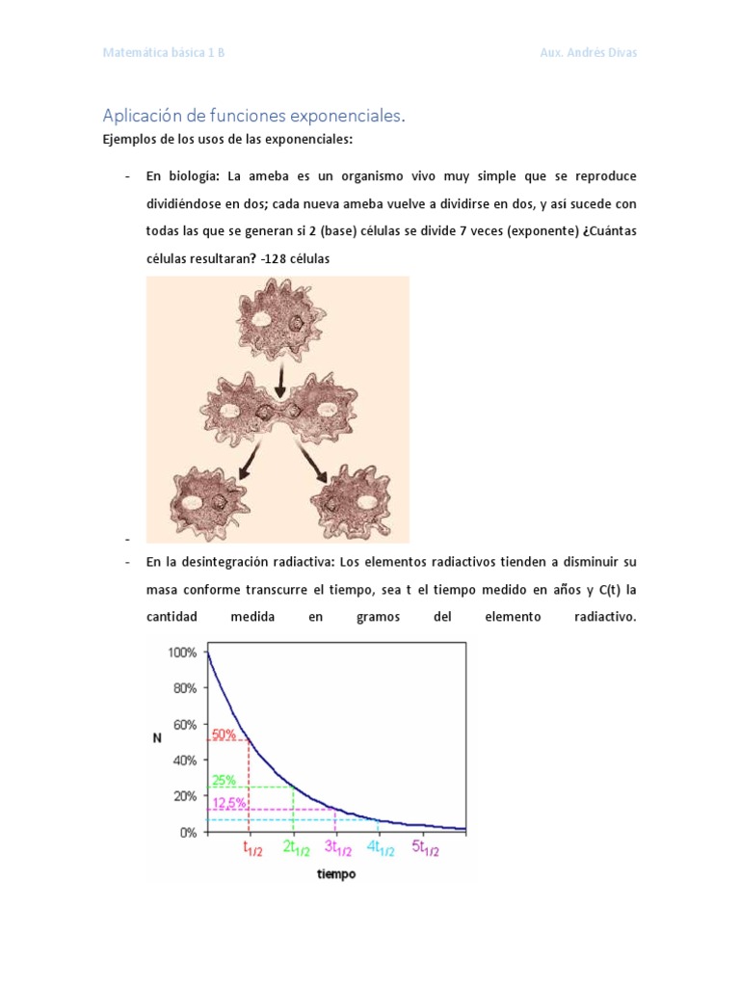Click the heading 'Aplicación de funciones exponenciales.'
click(x=254, y=116)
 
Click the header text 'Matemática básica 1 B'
click(x=164, y=52)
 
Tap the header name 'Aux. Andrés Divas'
click(x=589, y=52)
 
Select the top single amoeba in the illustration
click(x=279, y=321)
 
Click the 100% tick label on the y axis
click(x=182, y=653)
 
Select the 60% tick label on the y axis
click(x=185, y=725)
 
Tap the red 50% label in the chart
click(x=224, y=734)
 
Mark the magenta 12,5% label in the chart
click(x=228, y=803)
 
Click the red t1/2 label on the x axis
click(x=252, y=849)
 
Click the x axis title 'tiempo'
click(x=335, y=874)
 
